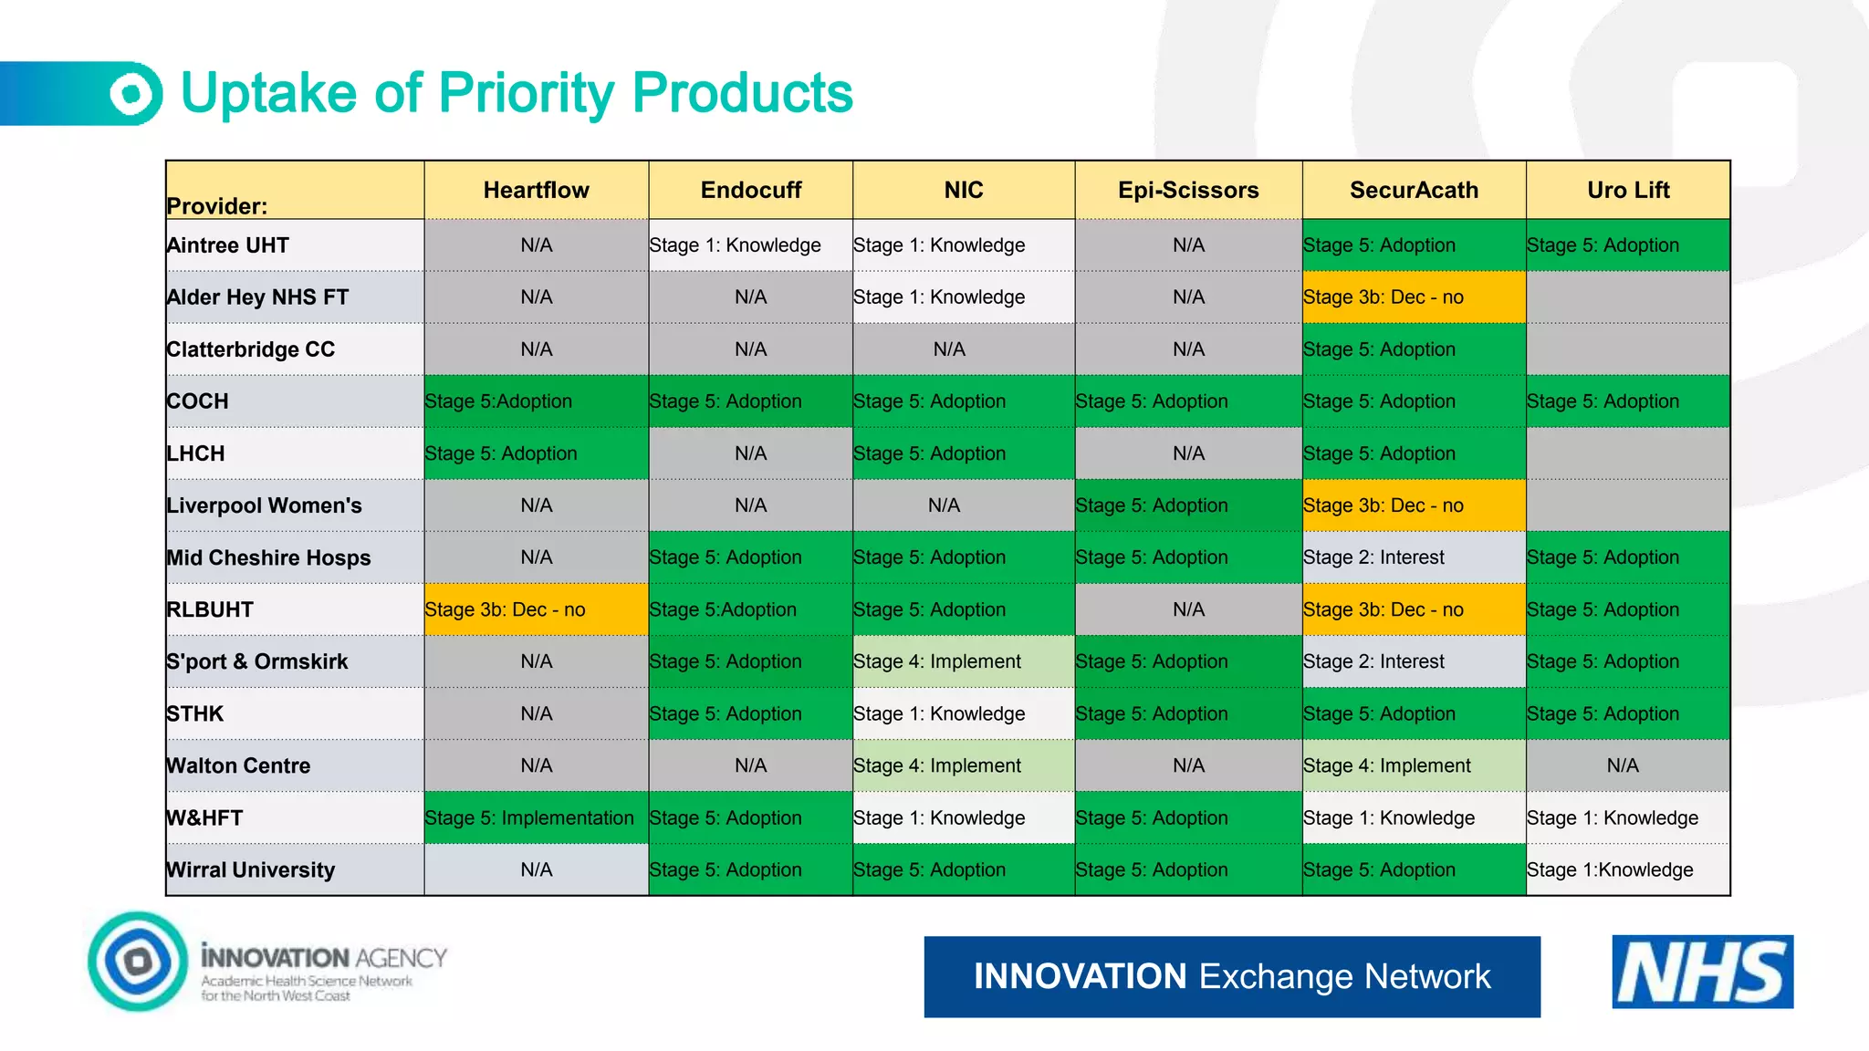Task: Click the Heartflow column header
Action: tap(536, 190)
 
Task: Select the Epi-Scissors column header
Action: tap(1188, 190)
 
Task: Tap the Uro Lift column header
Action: tap(1628, 190)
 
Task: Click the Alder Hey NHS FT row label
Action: tap(257, 297)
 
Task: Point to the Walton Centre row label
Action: tap(238, 765)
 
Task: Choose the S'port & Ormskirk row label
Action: tap(257, 661)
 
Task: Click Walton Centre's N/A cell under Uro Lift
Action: tap(1623, 765)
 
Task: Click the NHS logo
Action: tap(1702, 972)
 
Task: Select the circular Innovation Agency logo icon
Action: tap(138, 961)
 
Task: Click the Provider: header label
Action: tap(217, 206)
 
